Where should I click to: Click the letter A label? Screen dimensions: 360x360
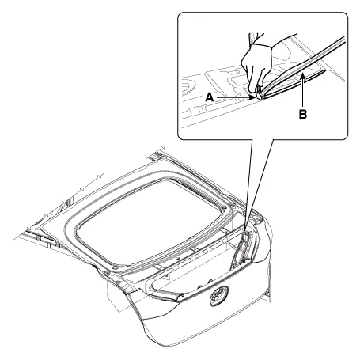210,97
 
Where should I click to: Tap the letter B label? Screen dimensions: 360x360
303,115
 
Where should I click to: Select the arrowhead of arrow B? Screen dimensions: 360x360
303,77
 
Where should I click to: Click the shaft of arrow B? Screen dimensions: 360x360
303,93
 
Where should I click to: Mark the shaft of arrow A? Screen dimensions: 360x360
233,97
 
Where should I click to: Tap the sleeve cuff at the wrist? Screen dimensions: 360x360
261,45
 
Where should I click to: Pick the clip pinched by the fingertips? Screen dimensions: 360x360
257,95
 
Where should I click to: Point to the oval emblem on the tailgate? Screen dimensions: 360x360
219,296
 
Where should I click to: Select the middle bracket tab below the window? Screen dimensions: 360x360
195,248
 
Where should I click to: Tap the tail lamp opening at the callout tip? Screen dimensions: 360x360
244,247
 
